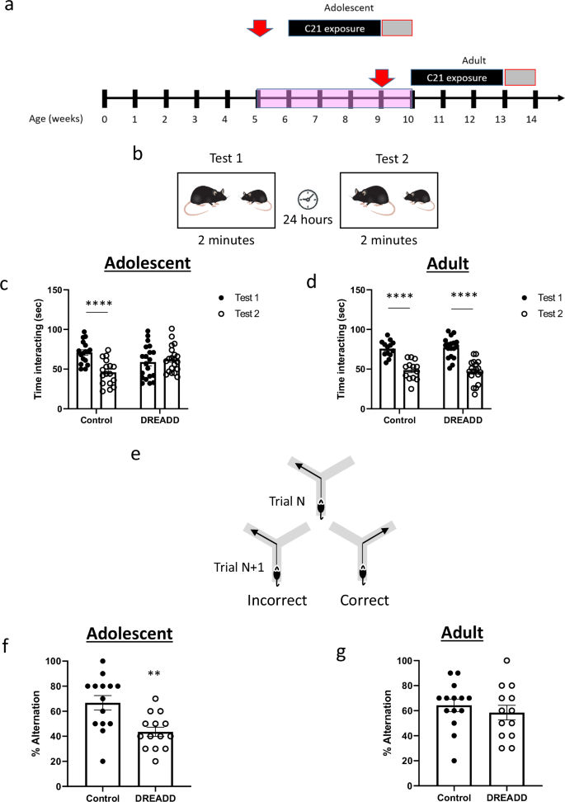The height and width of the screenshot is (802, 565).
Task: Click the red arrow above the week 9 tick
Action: [381, 78]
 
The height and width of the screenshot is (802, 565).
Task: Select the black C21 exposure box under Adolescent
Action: [335, 28]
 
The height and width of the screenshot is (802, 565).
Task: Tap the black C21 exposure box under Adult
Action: [457, 78]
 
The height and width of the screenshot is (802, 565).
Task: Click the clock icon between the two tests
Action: [308, 199]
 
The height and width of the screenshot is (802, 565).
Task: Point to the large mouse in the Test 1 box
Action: [208, 199]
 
